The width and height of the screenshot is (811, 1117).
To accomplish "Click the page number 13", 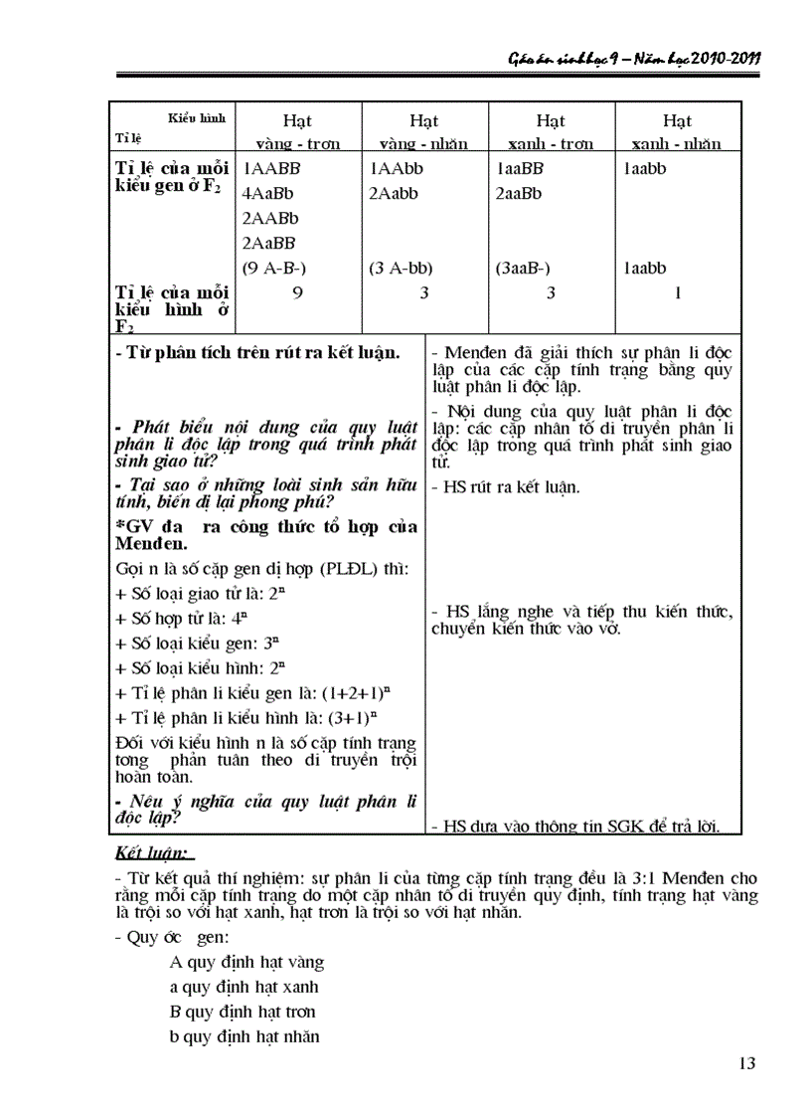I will pyautogui.click(x=746, y=1063).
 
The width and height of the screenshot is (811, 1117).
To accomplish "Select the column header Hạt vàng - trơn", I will pyautogui.click(x=297, y=132).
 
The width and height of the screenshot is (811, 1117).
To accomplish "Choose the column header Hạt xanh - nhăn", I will pyautogui.click(x=677, y=132).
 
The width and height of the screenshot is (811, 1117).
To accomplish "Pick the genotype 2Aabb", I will pyautogui.click(x=392, y=194).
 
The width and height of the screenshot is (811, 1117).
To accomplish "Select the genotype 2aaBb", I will pyautogui.click(x=519, y=194).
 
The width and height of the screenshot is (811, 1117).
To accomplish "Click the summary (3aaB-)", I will pyautogui.click(x=523, y=268).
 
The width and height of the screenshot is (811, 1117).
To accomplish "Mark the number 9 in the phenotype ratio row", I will pyautogui.click(x=297, y=292).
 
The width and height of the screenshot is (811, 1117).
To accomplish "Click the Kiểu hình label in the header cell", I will pyautogui.click(x=197, y=117).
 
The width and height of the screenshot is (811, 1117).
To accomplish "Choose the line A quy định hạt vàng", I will pyautogui.click(x=246, y=962).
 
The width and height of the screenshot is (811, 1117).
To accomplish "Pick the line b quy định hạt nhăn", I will pyautogui.click(x=244, y=1036).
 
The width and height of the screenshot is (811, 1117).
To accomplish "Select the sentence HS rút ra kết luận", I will pyautogui.click(x=505, y=487).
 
